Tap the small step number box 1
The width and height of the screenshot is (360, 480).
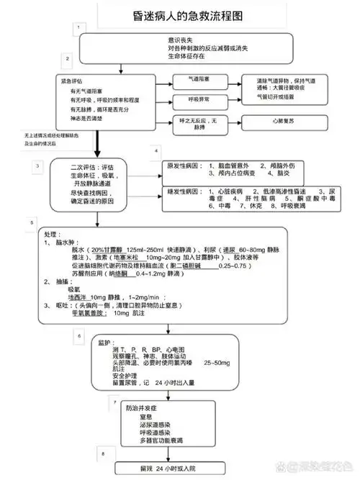pyautogui.click(x=78, y=27)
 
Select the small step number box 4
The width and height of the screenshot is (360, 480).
pyautogui.click(x=156, y=152)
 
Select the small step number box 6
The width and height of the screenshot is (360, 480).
pyautogui.click(x=78, y=335)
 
